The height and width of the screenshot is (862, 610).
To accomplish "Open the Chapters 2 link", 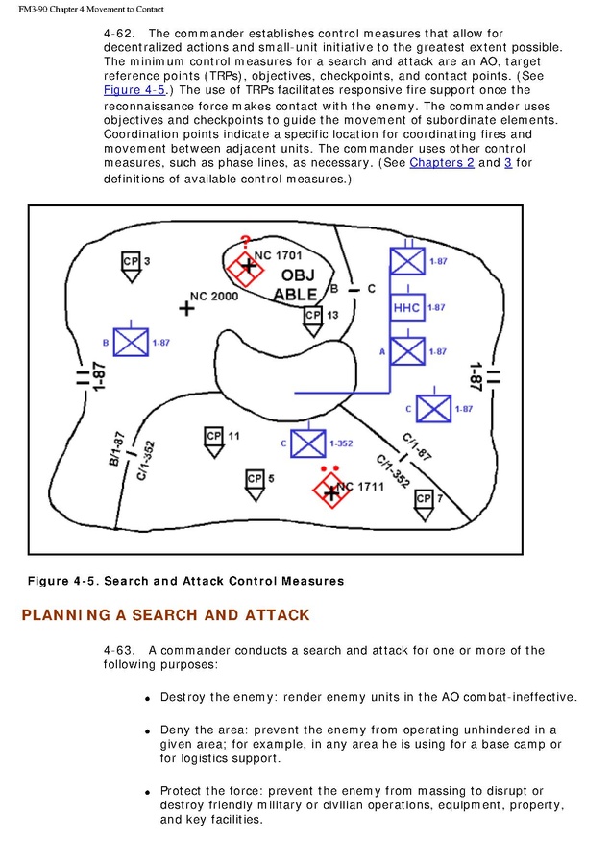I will (x=441, y=163).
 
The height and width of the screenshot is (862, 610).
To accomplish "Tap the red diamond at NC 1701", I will (x=246, y=266).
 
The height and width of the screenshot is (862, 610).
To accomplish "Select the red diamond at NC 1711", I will (x=329, y=491).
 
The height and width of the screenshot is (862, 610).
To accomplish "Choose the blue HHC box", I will (x=407, y=307).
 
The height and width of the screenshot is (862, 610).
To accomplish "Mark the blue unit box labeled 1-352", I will (x=308, y=443).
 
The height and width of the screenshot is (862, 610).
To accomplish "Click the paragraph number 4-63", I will (x=118, y=650).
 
